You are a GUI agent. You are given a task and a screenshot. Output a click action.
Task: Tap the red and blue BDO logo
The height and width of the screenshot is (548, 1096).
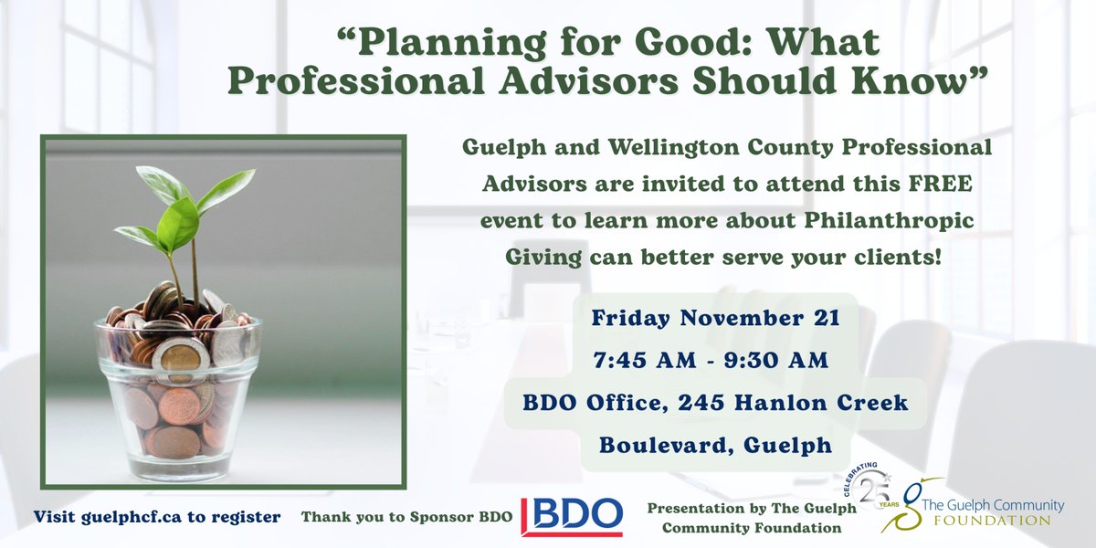pos(572,516)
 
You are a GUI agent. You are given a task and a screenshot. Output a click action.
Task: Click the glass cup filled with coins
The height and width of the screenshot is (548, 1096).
pos(179,393)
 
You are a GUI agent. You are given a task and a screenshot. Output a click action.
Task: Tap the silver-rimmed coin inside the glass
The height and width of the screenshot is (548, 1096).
pos(179,359)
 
